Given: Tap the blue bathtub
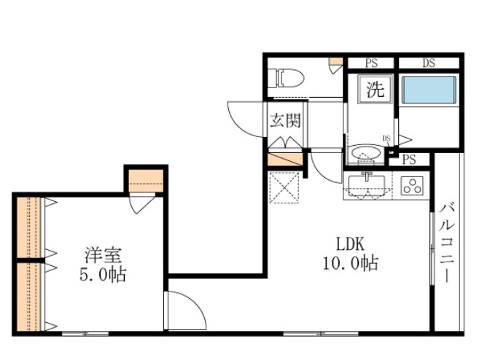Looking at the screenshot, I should coord(429,92).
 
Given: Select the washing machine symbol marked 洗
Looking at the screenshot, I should coord(374,90).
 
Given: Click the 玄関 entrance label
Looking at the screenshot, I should coord(284,121).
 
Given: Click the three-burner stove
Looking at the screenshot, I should coord(411,186).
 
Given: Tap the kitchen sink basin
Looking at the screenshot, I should coord(368,185).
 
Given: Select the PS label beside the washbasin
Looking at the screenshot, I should coord(409,160).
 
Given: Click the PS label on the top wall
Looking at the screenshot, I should coord(370,63).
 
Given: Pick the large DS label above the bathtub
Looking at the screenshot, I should coord(428,63).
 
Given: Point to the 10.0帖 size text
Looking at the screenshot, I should coord(350,264).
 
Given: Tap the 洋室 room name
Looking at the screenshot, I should coord(103,256).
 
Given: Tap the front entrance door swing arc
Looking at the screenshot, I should coord(244,117).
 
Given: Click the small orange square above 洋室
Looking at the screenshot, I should coord(147,178).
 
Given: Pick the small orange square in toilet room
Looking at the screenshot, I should coord(335,62).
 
